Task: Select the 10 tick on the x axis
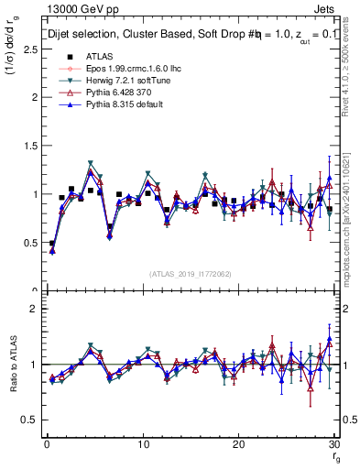tap(142, 443)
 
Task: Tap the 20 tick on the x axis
tap(238, 443)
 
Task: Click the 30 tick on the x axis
tap(334, 443)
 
